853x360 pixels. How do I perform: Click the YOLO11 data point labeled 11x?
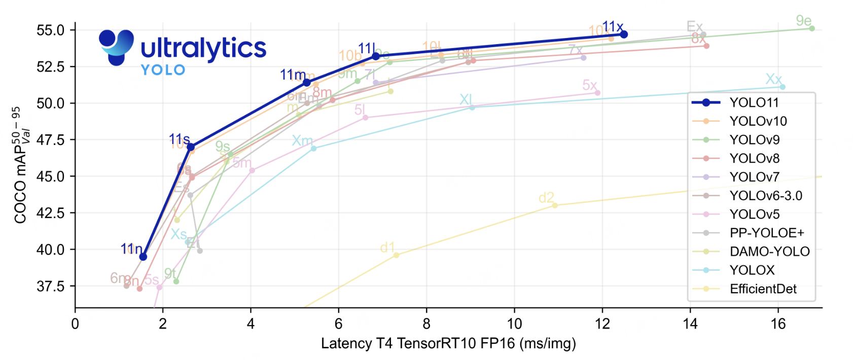pyautogui.click(x=624, y=34)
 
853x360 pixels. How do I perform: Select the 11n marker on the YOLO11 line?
pyautogui.click(x=143, y=257)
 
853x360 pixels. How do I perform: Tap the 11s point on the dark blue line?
pyautogui.click(x=191, y=147)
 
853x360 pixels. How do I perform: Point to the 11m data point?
pyautogui.click(x=306, y=83)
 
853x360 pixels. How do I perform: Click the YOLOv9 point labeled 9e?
pyautogui.click(x=812, y=28)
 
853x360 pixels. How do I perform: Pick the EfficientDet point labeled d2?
pyautogui.click(x=555, y=205)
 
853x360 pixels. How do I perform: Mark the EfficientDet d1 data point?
pyautogui.click(x=396, y=255)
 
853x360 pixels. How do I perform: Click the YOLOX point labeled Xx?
pyautogui.click(x=783, y=87)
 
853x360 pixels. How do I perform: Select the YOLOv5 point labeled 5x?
pyautogui.click(x=597, y=93)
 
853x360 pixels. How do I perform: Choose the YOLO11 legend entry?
pyautogui.click(x=754, y=103)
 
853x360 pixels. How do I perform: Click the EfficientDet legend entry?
pyautogui.click(x=763, y=289)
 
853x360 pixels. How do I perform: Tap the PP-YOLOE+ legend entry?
pyautogui.click(x=766, y=233)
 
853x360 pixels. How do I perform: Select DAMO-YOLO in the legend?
pyautogui.click(x=769, y=251)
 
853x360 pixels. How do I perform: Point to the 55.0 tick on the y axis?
pyautogui.click(x=50, y=30)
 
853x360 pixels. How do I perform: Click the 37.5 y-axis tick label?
pyautogui.click(x=50, y=286)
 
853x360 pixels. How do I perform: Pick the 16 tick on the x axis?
pyautogui.click(x=778, y=324)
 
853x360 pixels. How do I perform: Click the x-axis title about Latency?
pyautogui.click(x=448, y=344)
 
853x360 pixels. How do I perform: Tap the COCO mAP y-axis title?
pyautogui.click(x=21, y=165)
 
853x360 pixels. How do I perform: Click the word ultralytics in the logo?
pyautogui.click(x=203, y=49)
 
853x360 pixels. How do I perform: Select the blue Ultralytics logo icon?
pyautogui.click(x=116, y=47)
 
